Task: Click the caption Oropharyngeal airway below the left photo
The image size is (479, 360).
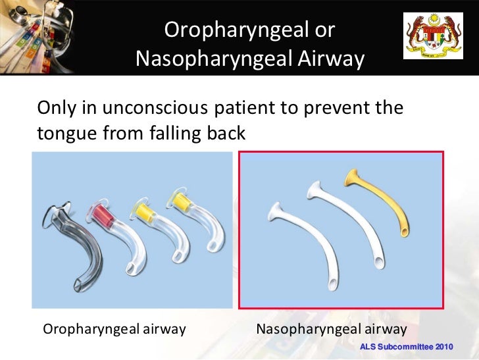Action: point(114,328)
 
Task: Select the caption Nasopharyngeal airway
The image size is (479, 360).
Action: point(332,328)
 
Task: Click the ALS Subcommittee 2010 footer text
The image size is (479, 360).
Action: point(407,346)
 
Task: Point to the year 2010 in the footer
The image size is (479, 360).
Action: point(440,346)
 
